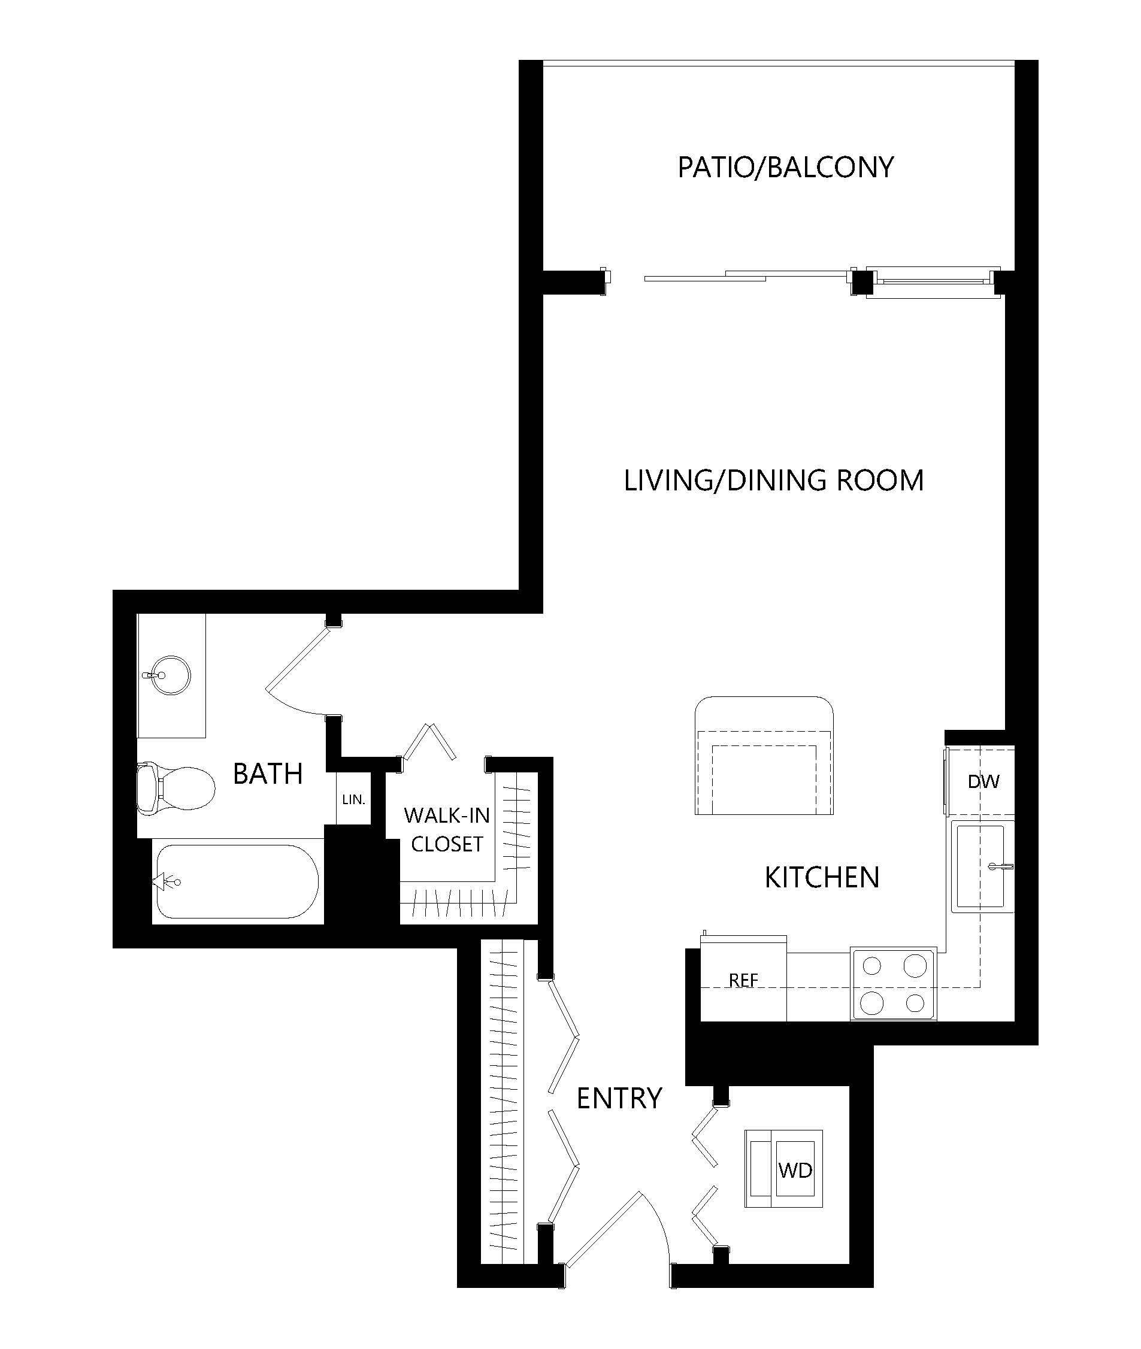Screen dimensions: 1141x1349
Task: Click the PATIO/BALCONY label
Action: (x=785, y=168)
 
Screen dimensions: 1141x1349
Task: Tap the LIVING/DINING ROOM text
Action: (x=774, y=480)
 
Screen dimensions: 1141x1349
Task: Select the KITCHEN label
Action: (x=822, y=878)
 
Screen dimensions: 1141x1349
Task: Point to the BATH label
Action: (x=268, y=774)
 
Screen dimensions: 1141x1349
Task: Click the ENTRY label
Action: (x=619, y=1098)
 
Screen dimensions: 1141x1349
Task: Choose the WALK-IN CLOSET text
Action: (x=447, y=830)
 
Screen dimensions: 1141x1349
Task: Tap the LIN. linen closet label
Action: (x=354, y=800)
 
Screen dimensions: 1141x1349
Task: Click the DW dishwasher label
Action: (x=983, y=782)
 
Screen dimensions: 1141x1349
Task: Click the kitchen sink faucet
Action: (x=1001, y=866)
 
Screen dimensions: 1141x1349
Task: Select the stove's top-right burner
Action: (x=915, y=966)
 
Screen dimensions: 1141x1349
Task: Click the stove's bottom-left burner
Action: (x=873, y=1003)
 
